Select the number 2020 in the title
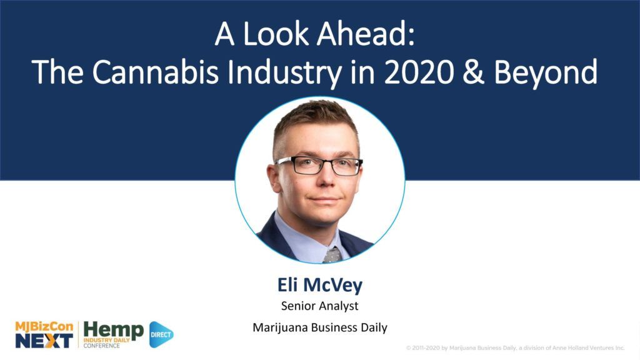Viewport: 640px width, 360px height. [x=419, y=72]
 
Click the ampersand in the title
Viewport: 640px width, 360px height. [x=474, y=72]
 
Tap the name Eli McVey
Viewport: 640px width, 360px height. [x=320, y=285]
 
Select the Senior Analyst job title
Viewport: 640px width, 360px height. [x=320, y=306]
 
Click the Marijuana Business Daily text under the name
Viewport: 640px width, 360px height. [x=320, y=327]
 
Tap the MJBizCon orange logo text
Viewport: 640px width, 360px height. [x=44, y=327]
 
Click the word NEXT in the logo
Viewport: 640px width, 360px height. [x=44, y=341]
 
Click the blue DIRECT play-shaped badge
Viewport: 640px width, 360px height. [x=161, y=335]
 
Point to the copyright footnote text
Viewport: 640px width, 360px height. [x=515, y=347]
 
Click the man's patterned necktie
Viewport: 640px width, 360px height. [x=332, y=255]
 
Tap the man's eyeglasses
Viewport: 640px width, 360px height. [x=319, y=165]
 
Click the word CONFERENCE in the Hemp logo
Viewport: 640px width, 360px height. [x=102, y=346]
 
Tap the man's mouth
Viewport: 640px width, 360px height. [x=323, y=200]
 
